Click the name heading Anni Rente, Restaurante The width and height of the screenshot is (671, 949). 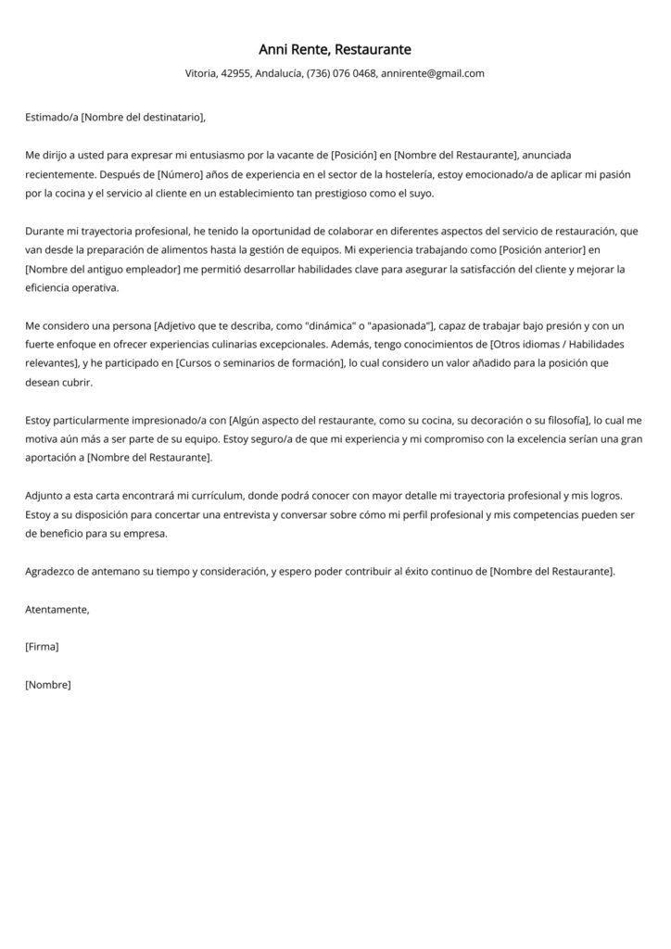tap(335, 49)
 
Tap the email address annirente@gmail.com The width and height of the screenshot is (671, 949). tap(433, 73)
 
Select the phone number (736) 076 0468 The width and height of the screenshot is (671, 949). tap(341, 73)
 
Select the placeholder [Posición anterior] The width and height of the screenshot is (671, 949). tap(524, 250)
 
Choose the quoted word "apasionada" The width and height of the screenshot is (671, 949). tap(401, 326)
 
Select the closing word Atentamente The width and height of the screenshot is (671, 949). tap(57, 609)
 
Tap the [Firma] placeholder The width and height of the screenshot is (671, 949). tap(43, 647)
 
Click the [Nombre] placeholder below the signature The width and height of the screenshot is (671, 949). tap(48, 685)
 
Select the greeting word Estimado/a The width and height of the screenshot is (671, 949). tap(52, 117)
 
